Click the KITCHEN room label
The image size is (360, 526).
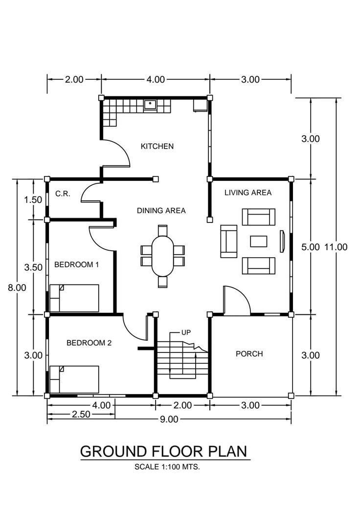click(x=157, y=146)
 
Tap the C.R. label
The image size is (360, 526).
click(x=63, y=194)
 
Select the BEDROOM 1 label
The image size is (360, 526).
click(x=76, y=264)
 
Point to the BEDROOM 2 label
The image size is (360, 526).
click(x=89, y=343)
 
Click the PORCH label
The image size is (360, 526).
click(x=249, y=353)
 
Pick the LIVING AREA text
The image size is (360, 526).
click(x=247, y=193)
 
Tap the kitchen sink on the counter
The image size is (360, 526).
click(x=150, y=104)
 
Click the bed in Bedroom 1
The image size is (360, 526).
click(x=74, y=298)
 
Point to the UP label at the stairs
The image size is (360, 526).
click(x=186, y=332)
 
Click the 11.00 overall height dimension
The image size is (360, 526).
click(x=336, y=247)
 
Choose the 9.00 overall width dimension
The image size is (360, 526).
click(x=169, y=419)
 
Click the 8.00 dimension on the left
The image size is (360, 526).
click(x=17, y=288)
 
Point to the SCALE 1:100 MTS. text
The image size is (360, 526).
click(x=167, y=467)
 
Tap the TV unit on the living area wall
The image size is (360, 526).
click(x=282, y=242)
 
